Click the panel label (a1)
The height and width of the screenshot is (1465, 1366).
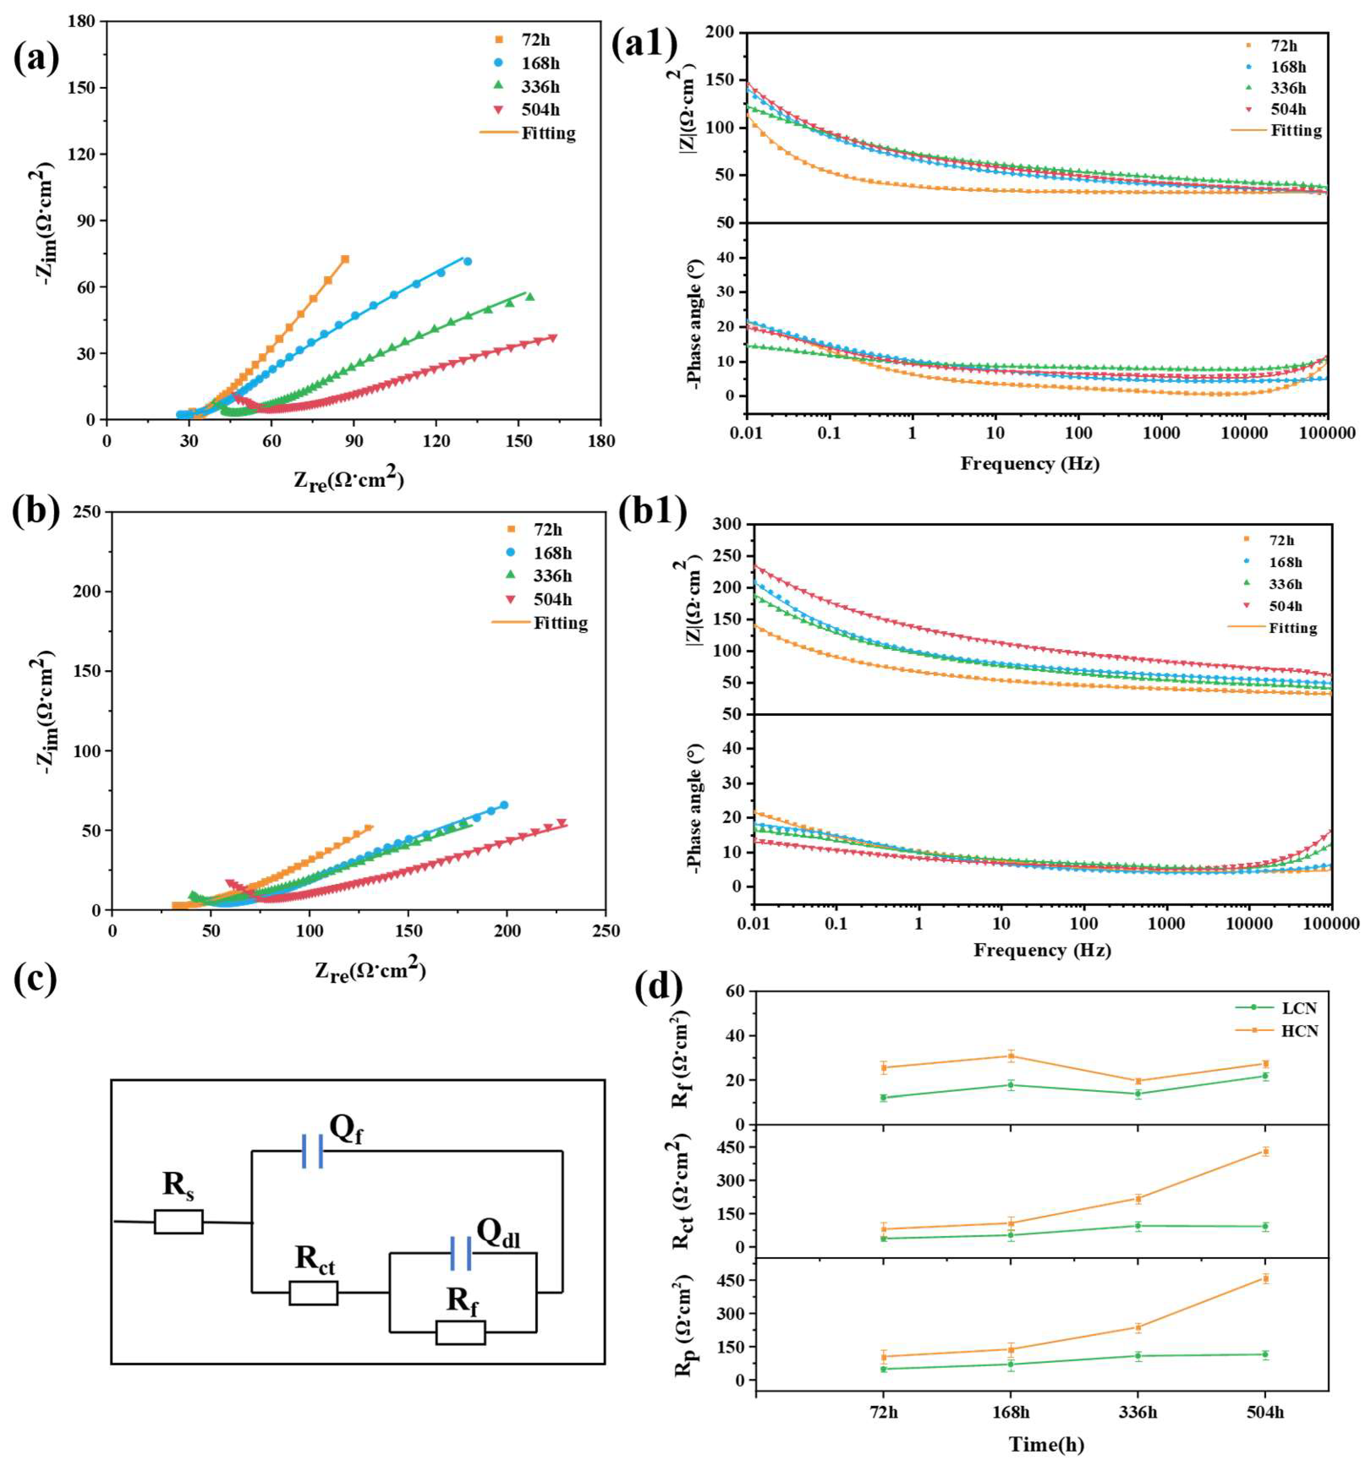point(643,46)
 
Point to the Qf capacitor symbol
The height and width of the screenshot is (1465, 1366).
point(312,1151)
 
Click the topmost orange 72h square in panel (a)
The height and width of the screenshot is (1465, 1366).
point(344,259)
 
